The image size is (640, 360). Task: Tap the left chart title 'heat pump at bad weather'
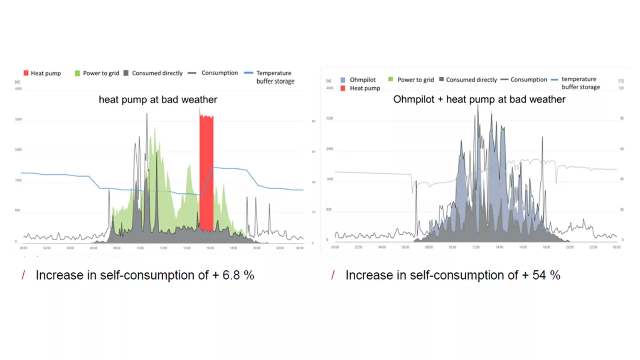tap(158, 100)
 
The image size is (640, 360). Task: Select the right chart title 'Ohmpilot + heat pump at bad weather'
tap(479, 99)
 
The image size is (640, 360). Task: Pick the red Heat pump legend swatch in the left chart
tap(26, 73)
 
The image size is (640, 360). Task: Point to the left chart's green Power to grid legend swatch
tap(77, 73)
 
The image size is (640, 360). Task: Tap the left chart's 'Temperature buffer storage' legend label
tap(275, 77)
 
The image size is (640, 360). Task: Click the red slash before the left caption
tap(23, 275)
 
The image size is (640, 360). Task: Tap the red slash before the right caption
tap(333, 275)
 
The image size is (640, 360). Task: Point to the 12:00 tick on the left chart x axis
tap(164, 248)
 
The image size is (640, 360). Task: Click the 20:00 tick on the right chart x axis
tap(570, 247)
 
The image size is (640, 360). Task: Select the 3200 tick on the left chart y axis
tap(18, 119)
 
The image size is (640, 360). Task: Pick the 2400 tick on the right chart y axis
tap(330, 149)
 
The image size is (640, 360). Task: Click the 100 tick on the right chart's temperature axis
tap(621, 88)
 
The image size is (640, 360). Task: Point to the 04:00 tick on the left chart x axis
tap(70, 248)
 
